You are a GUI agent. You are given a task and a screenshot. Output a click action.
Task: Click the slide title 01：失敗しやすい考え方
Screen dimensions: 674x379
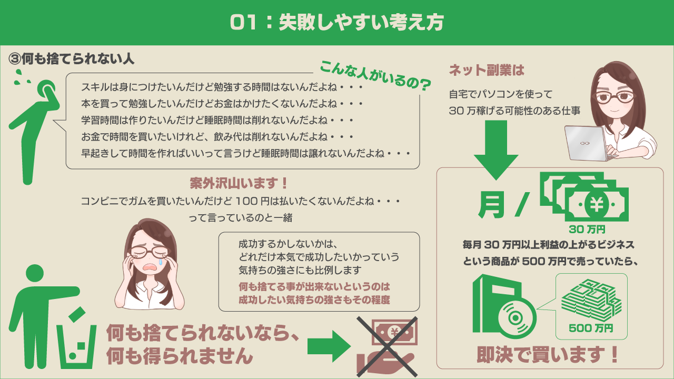(x=337, y=22)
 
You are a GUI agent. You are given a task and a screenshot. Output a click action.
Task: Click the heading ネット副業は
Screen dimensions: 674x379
(x=487, y=70)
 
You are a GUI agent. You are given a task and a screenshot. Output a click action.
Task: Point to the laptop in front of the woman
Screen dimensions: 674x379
(x=586, y=143)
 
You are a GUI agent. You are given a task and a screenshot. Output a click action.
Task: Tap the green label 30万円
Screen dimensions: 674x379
(x=587, y=229)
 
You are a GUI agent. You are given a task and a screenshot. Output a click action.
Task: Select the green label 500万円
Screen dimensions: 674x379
(x=591, y=328)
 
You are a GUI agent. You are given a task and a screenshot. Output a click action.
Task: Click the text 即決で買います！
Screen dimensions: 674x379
(x=548, y=355)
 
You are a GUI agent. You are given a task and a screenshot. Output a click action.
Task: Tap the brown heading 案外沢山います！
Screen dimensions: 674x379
(x=239, y=184)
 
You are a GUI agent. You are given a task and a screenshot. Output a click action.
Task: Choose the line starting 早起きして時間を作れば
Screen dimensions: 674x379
(x=246, y=153)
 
